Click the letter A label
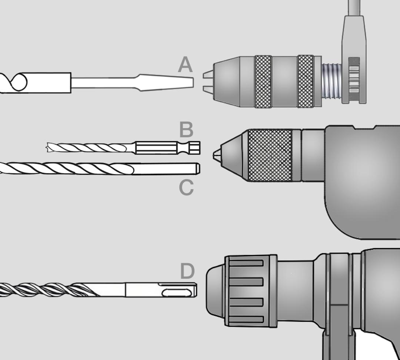[185, 65]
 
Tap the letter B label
[186, 129]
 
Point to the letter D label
[187, 271]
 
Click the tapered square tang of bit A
[166, 82]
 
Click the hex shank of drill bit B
[167, 148]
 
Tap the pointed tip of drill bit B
[48, 148]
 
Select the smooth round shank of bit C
[166, 169]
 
